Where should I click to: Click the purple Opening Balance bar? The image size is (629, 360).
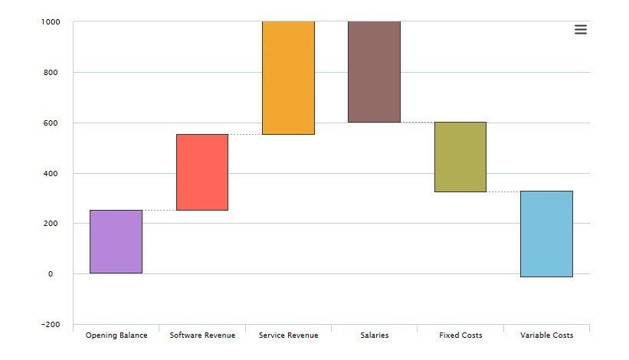(x=116, y=241)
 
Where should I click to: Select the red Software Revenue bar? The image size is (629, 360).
(x=202, y=172)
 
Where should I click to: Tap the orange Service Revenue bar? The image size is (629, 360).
(x=288, y=77)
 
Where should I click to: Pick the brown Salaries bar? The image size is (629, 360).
(x=374, y=72)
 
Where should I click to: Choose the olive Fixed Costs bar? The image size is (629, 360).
(x=460, y=157)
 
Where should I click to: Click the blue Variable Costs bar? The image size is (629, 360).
(x=546, y=234)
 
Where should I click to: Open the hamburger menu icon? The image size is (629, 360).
(x=581, y=30)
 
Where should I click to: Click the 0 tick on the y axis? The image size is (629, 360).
(x=51, y=274)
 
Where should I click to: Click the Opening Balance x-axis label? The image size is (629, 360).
(x=116, y=335)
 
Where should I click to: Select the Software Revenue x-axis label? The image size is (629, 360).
(x=202, y=335)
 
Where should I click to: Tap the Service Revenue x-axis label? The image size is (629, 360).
(x=288, y=335)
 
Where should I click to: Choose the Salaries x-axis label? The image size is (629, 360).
(x=374, y=335)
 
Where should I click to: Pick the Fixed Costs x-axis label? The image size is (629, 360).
(x=460, y=335)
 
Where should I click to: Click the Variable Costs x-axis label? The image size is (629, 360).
(x=546, y=335)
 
